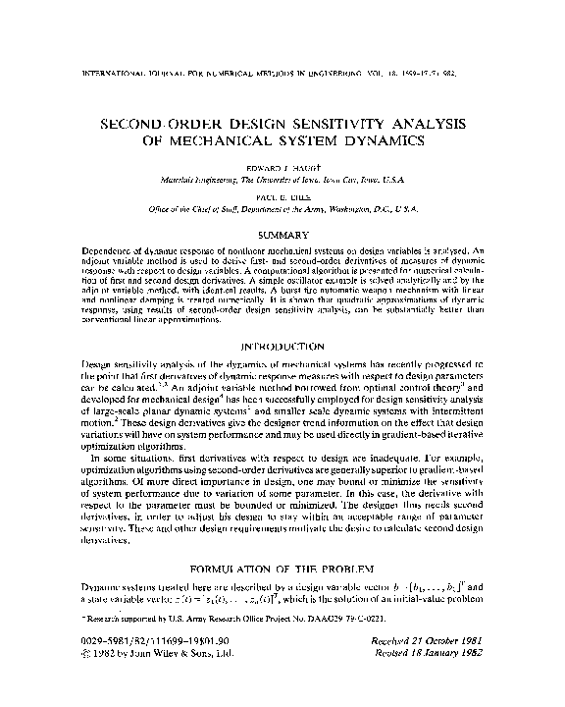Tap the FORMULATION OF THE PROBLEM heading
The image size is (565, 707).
coord(282,570)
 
